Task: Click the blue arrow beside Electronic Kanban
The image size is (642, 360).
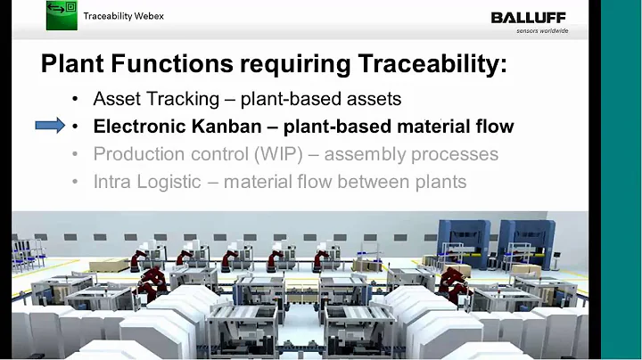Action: pyautogui.click(x=50, y=126)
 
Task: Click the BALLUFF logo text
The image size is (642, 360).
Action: pyautogui.click(x=529, y=17)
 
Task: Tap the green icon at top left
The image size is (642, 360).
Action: pyautogui.click(x=62, y=16)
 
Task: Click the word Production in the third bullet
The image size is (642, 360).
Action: pyautogui.click(x=138, y=154)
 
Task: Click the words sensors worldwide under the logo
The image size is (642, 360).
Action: pyautogui.click(x=542, y=31)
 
